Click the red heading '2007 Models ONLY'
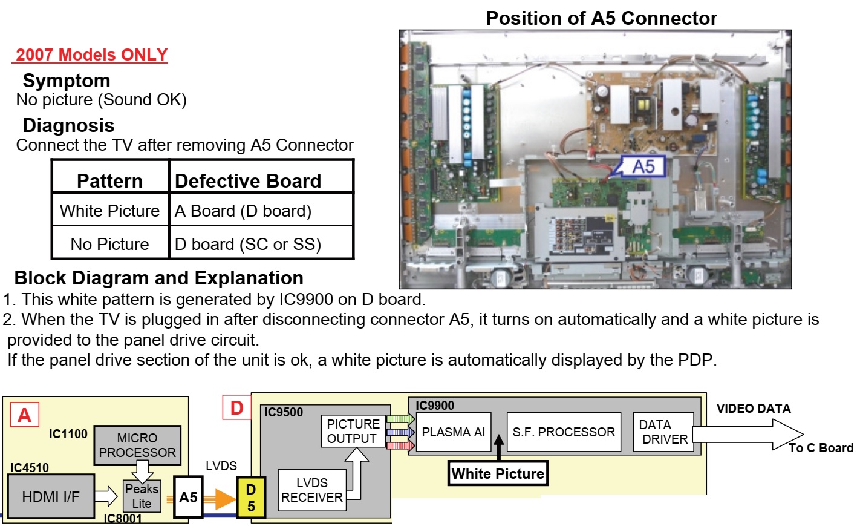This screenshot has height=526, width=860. click(91, 54)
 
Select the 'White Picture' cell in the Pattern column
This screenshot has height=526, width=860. click(109, 211)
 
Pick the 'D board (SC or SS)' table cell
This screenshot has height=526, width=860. click(248, 244)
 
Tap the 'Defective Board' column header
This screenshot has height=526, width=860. click(248, 180)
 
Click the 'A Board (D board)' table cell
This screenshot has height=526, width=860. click(243, 211)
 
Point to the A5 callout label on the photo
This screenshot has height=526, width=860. click(643, 166)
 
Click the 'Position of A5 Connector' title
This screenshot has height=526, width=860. click(601, 18)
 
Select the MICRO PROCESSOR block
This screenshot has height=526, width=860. click(137, 445)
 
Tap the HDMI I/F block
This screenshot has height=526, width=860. click(51, 496)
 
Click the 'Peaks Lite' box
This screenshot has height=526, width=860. click(142, 496)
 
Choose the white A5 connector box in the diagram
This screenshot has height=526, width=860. click(188, 497)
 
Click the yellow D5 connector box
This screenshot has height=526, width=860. click(251, 498)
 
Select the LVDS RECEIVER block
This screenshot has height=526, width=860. click(311, 490)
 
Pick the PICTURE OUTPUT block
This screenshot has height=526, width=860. click(353, 431)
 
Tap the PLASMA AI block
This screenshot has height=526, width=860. click(453, 432)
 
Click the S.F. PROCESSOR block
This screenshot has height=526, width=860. click(564, 432)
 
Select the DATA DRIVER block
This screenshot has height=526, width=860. click(663, 432)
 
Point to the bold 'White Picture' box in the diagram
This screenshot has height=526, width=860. click(498, 473)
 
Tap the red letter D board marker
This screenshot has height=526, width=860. click(236, 408)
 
